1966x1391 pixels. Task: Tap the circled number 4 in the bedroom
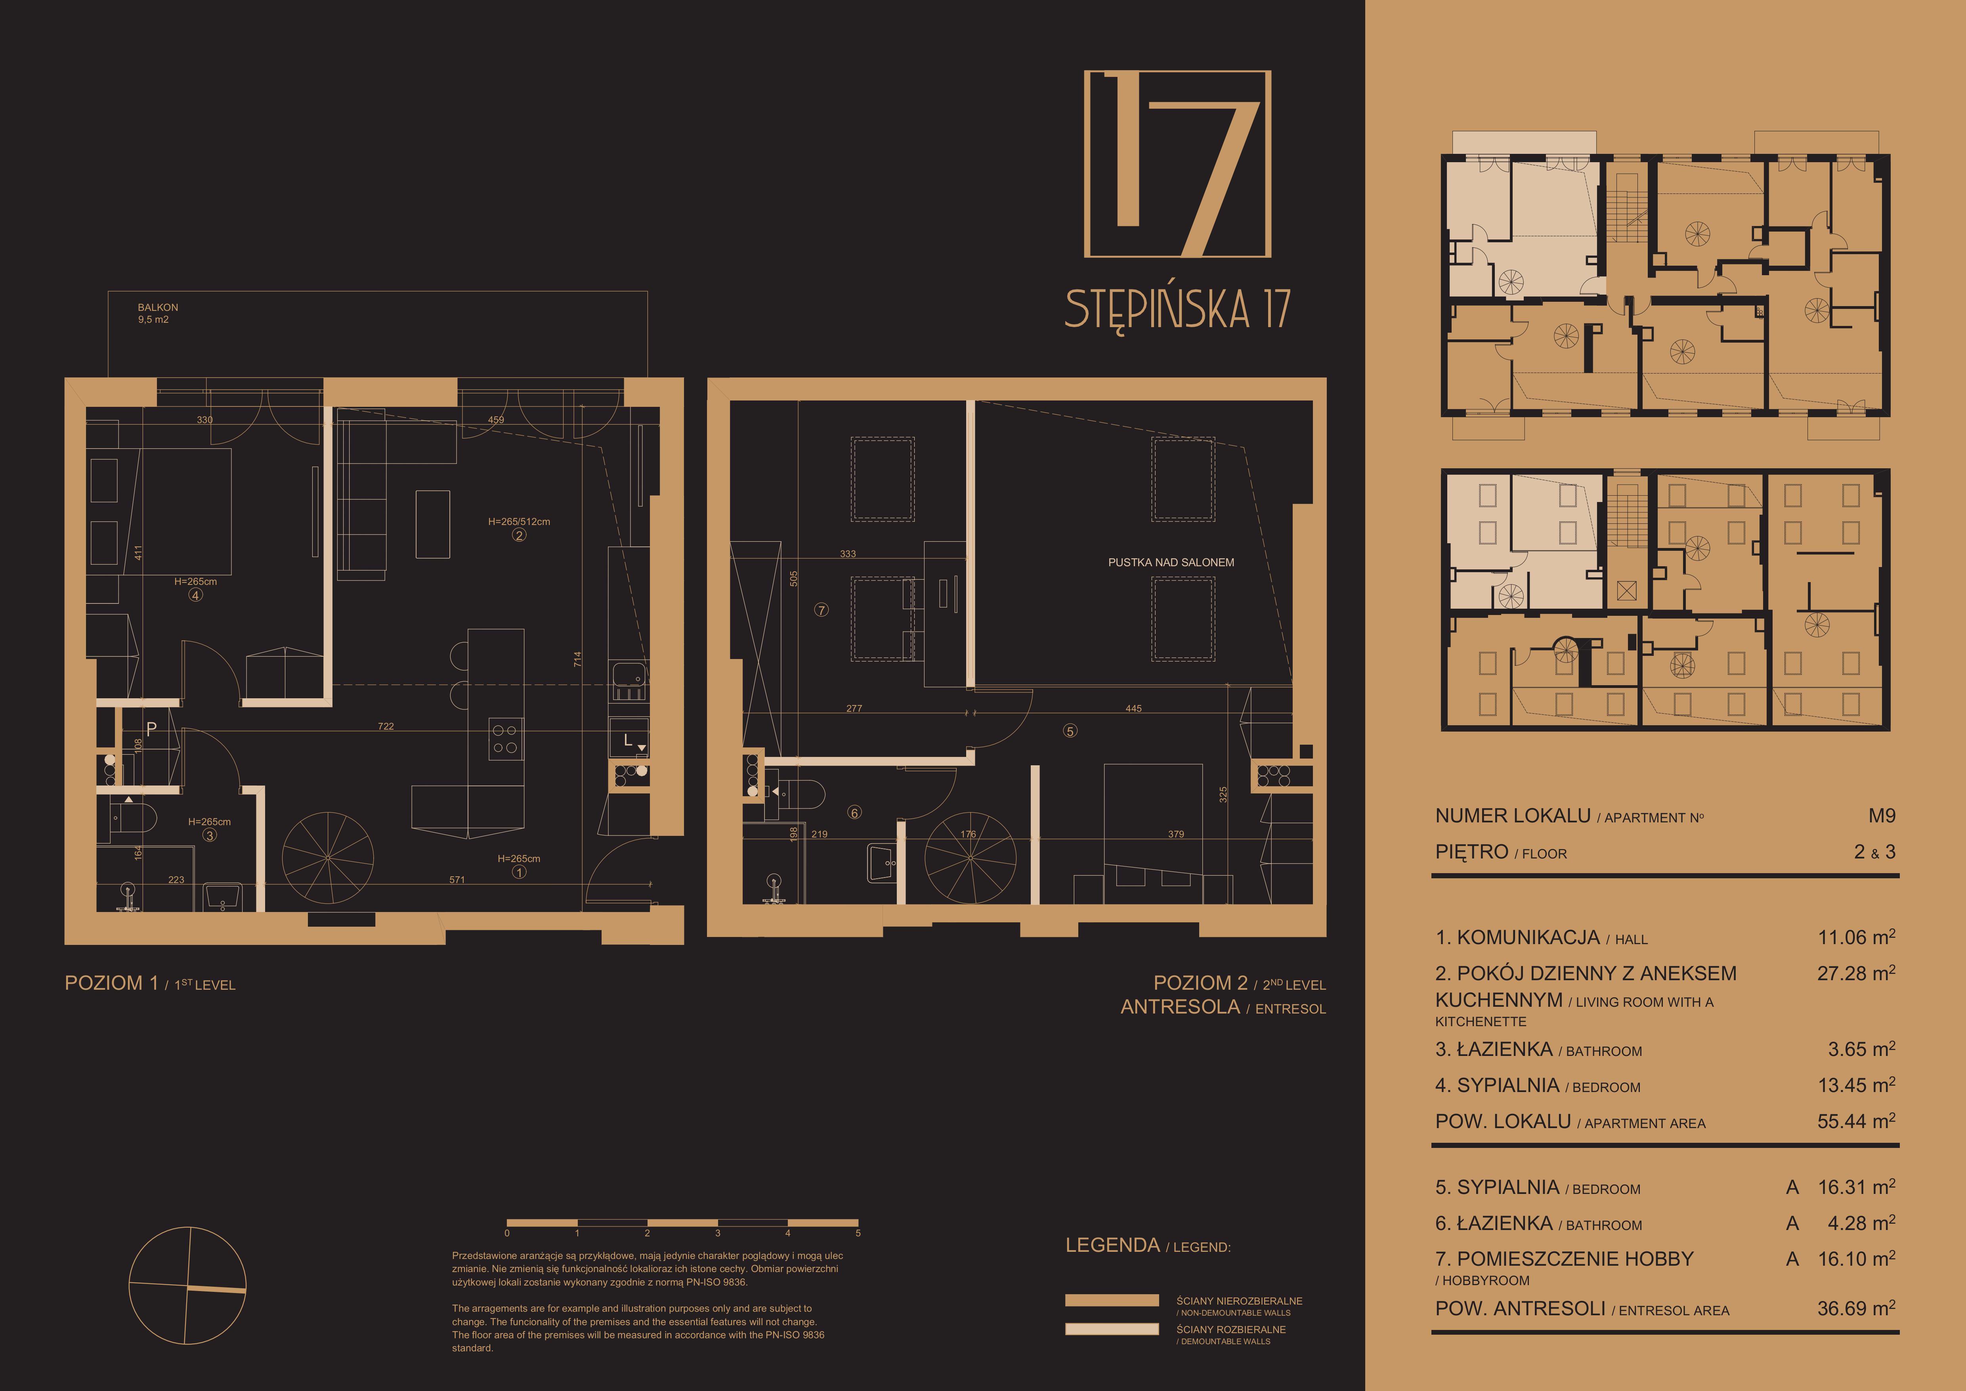tap(196, 595)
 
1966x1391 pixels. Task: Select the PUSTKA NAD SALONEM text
tap(1171, 563)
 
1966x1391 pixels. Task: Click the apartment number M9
tap(1881, 815)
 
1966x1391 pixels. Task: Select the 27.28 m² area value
tap(1855, 973)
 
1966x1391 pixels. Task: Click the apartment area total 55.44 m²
tap(1855, 1121)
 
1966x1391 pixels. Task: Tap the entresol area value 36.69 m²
tap(1855, 1309)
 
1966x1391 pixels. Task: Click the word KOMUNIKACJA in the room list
tap(1528, 938)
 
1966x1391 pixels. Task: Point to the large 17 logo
tap(1177, 164)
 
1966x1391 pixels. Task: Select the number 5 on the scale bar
tap(858, 1234)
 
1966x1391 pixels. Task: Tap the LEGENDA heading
tap(1112, 1245)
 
